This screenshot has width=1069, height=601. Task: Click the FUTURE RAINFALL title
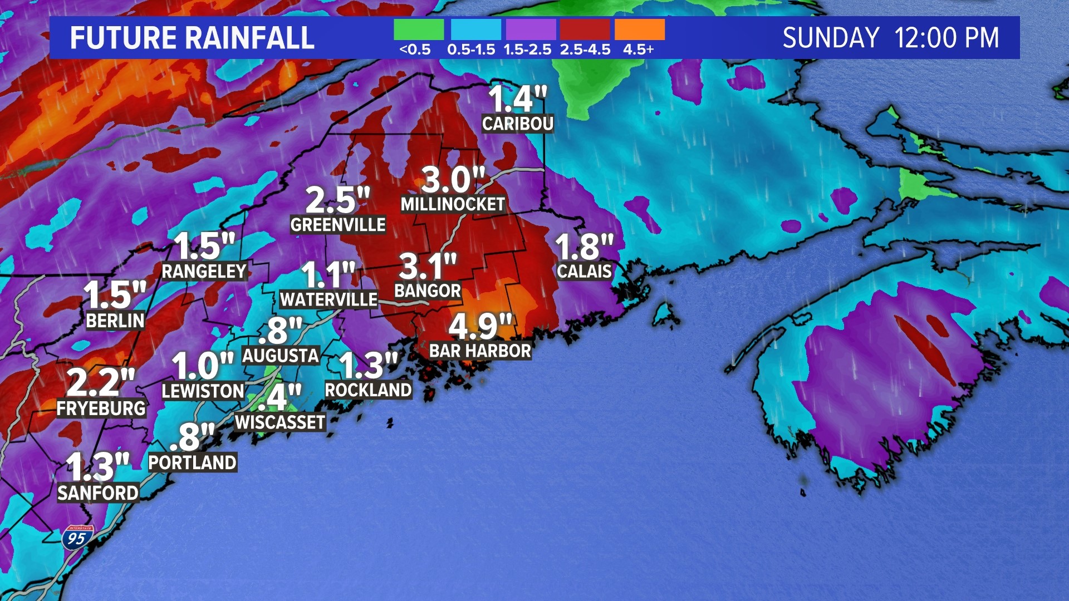coord(192,38)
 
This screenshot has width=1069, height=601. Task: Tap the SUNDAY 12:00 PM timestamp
coord(890,38)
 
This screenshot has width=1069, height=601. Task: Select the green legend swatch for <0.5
coord(419,29)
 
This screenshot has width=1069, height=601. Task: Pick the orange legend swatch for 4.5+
coord(640,29)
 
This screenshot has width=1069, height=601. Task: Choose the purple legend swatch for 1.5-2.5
coord(529,29)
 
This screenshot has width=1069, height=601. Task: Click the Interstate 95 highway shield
coord(77,538)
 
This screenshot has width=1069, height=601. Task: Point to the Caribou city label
coord(518,124)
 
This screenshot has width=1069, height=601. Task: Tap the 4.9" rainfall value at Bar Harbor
coord(480,327)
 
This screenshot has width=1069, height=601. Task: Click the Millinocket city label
coord(453,204)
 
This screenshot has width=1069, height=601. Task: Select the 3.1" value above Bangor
coord(428,267)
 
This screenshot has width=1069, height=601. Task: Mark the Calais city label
coord(585,271)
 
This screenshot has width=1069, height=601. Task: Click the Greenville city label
coord(338,225)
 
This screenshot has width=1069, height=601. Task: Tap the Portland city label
coord(193,462)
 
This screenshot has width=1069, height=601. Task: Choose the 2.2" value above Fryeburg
coord(101,382)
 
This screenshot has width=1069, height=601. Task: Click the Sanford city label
coord(98,493)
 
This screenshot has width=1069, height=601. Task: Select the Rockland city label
coord(368,390)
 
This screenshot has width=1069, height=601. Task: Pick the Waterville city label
coord(328,299)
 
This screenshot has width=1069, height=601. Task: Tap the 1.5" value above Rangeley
coord(204,246)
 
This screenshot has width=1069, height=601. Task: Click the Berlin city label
coord(115,321)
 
